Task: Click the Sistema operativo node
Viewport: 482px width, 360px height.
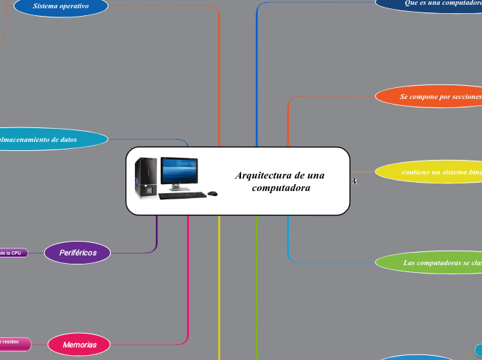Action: tap(61, 6)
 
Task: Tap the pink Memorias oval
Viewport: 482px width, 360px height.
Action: tap(80, 344)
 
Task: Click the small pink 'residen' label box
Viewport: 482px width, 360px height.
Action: tap(13, 342)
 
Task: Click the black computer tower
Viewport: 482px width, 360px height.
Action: tap(146, 177)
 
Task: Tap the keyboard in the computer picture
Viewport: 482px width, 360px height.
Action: tap(182, 196)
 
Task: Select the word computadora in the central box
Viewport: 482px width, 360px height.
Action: tap(280, 188)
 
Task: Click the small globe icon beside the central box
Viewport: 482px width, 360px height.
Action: tap(355, 181)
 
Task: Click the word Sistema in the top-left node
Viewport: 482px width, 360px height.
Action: tap(47, 6)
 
